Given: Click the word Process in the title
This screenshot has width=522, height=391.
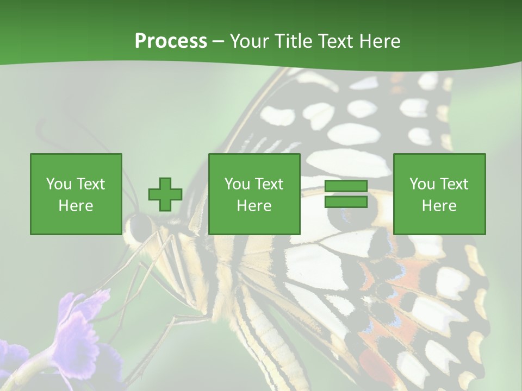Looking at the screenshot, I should point(171,41).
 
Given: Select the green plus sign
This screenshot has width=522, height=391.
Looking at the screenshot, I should point(165,194).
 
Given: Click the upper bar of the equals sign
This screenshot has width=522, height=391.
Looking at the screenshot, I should point(346,186).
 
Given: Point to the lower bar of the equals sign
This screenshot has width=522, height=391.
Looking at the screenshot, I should point(346,202).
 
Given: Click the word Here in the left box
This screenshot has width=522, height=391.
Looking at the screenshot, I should point(76,206).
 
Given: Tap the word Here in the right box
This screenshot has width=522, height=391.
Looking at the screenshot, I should point(439,206).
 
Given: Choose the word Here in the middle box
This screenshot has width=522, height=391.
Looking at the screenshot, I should point(254,206).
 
